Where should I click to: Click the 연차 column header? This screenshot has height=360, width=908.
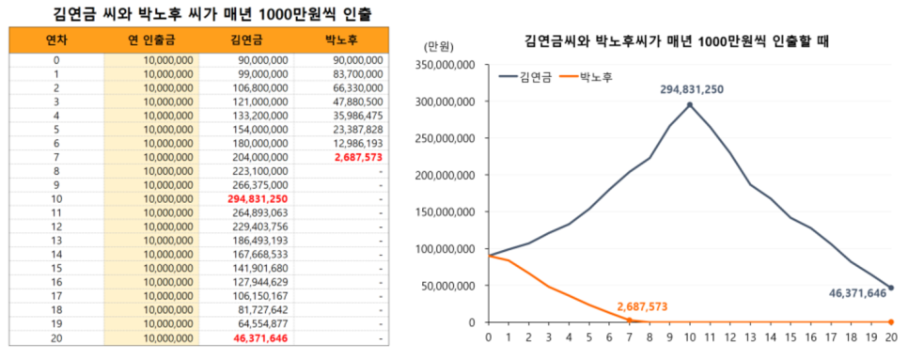coord(56,40)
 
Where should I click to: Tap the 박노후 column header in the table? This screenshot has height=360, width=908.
coord(340,40)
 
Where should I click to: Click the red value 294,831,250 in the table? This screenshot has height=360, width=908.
coord(257,199)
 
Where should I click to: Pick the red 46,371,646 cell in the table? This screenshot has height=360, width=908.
coord(257,338)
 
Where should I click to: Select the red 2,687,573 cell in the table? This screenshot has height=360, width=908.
coord(357,157)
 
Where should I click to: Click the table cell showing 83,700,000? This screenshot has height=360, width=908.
coord(357,73)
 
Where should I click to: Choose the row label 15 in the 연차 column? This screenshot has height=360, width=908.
coord(56,269)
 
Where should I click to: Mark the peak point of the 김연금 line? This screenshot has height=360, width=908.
coord(690,105)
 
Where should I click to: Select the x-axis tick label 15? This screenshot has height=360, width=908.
coord(791,336)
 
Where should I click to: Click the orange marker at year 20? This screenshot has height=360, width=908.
coord(891,321)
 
